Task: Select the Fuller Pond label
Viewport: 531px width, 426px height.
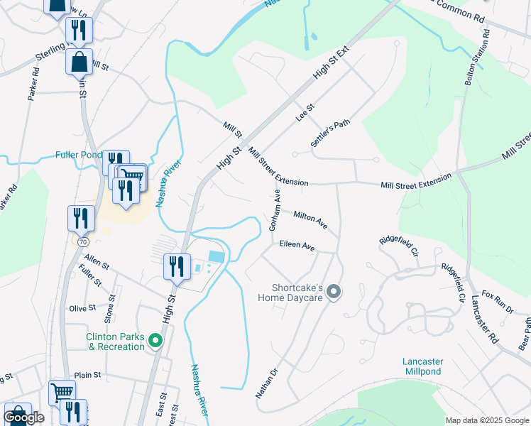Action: tap(79, 155)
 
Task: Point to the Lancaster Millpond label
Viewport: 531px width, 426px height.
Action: tap(422, 366)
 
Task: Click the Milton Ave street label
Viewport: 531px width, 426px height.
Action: tap(310, 219)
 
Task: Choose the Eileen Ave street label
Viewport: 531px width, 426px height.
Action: tap(297, 246)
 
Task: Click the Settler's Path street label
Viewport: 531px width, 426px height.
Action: tap(330, 133)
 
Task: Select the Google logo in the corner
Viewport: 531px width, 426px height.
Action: tap(24, 417)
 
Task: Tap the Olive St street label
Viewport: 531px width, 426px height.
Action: tap(82, 308)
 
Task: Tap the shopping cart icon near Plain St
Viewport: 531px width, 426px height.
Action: tap(62, 391)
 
